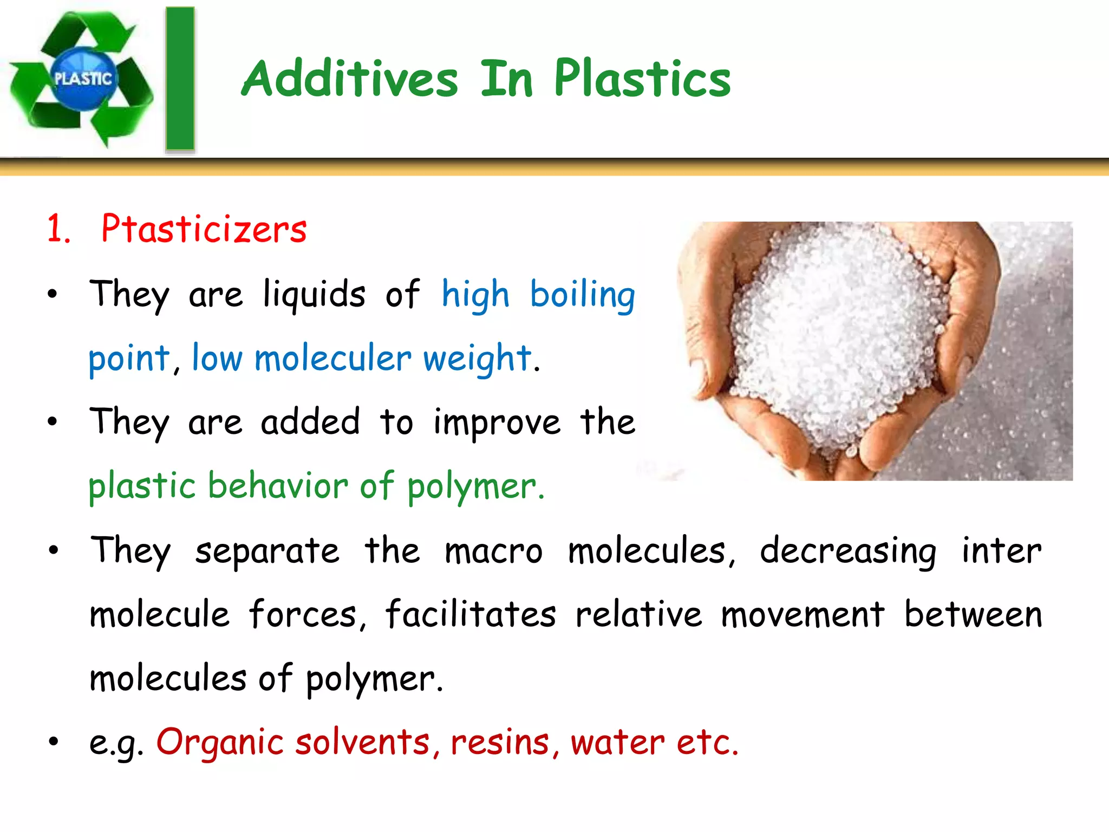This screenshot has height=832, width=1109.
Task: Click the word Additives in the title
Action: [x=350, y=79]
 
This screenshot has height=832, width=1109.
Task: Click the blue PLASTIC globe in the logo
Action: [x=83, y=79]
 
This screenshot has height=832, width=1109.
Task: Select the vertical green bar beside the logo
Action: [x=180, y=79]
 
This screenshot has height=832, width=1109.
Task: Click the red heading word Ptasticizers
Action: [x=204, y=230]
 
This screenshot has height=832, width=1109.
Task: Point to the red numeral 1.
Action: [x=58, y=230]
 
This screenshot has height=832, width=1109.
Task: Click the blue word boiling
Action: [x=582, y=296]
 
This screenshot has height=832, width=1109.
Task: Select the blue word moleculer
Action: [x=332, y=359]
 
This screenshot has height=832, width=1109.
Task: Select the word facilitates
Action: [x=471, y=615]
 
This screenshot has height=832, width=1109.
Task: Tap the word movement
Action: [x=803, y=615]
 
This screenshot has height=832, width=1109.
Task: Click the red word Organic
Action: [x=219, y=742]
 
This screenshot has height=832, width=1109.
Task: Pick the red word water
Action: [x=617, y=742]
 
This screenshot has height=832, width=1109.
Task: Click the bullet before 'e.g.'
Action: [x=53, y=742]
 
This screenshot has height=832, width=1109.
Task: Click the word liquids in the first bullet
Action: [x=314, y=296]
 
